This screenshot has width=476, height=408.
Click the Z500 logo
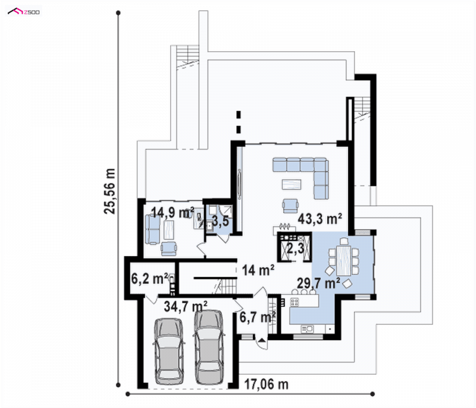[x=24, y=11]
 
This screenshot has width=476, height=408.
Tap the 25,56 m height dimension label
[x=109, y=191]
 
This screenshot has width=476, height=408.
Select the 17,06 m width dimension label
[x=266, y=385]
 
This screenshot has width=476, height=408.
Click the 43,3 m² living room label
[x=320, y=219]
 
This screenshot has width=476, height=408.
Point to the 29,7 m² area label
[x=318, y=283]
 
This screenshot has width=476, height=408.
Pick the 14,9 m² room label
[x=173, y=212]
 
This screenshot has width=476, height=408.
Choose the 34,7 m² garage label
[x=186, y=306]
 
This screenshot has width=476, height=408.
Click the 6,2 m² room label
[x=150, y=278]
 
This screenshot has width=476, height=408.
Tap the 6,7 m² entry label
[x=258, y=317]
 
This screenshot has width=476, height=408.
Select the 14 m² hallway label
[x=258, y=270]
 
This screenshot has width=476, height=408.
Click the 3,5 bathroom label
[x=220, y=222]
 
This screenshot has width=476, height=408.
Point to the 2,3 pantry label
[x=295, y=248]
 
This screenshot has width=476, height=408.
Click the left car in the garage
[x=169, y=351]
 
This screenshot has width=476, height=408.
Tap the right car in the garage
[x=209, y=347]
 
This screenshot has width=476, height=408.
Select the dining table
[x=344, y=261]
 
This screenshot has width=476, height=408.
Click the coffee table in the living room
[x=292, y=184]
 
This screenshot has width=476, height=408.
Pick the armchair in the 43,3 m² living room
[x=290, y=205]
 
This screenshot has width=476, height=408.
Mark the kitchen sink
[x=307, y=329]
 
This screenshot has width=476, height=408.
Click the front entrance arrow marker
[x=262, y=339]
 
